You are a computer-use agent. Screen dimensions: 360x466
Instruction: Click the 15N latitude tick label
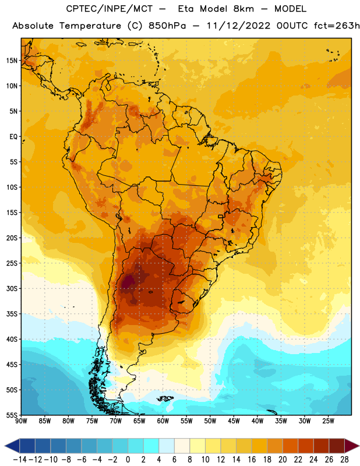point(12,61)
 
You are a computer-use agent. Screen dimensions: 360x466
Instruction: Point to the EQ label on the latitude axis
point(13,137)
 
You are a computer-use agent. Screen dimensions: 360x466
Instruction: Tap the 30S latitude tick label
point(12,288)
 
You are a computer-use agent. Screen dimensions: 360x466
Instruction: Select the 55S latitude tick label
point(12,415)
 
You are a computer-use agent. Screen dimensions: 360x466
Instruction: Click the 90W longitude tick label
point(21,421)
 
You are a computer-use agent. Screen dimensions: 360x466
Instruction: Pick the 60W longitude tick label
point(163,421)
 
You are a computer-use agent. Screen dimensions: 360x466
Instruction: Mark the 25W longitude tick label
point(328,421)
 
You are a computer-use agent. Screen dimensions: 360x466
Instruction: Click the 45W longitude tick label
point(234,421)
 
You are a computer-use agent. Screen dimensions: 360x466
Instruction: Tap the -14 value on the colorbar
point(20,460)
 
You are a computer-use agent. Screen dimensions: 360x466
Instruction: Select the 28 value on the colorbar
point(344,460)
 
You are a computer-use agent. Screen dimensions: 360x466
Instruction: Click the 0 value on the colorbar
point(128,460)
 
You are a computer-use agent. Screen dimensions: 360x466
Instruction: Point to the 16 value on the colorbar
point(252,460)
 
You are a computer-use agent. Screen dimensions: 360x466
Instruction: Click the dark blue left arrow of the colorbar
point(12,446)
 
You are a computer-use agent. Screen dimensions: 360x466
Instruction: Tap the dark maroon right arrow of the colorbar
point(352,446)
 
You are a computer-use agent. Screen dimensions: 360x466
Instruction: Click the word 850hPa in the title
point(167,26)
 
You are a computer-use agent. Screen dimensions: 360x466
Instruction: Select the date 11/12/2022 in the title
point(238,26)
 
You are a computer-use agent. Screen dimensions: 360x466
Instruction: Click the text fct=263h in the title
point(337,26)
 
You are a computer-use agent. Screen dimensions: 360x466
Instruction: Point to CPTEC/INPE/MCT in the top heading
point(109,9)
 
